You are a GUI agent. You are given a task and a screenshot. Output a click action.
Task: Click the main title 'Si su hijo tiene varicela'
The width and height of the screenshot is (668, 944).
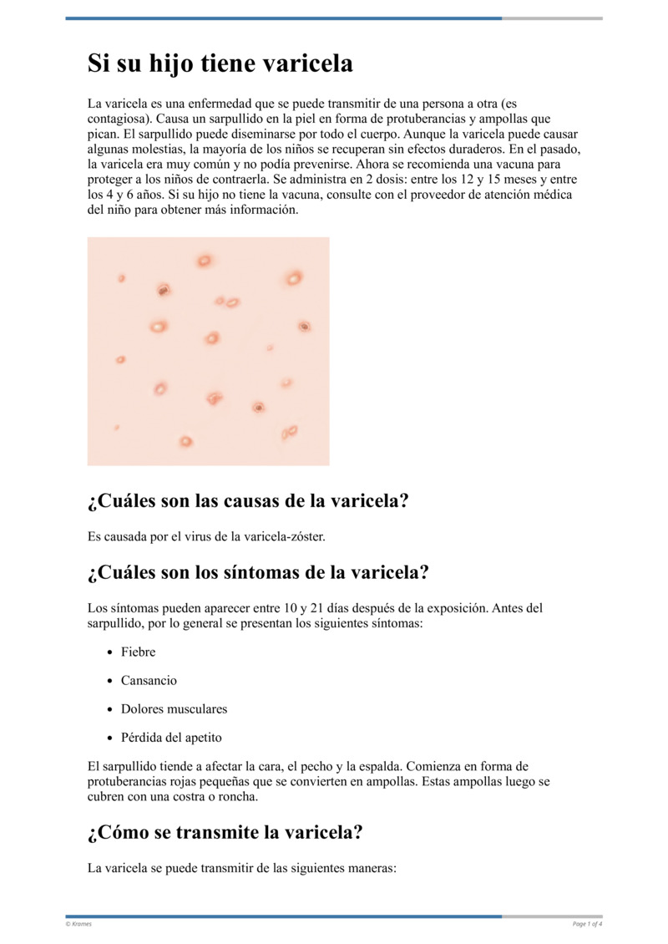click(x=220, y=64)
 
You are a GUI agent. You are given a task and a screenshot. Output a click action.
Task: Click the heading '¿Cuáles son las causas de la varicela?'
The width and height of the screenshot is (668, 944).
click(x=248, y=501)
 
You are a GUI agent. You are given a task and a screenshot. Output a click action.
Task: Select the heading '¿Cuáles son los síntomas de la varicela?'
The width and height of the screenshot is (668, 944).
click(x=258, y=573)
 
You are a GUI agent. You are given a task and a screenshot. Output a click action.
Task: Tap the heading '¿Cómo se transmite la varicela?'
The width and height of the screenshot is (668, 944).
click(x=225, y=833)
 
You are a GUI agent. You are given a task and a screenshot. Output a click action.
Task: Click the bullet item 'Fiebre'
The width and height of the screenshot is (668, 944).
click(x=138, y=652)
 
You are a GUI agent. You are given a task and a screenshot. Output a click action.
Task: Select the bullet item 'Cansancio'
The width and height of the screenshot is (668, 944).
click(x=149, y=681)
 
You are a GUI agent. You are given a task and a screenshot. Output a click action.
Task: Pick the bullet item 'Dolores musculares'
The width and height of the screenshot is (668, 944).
click(x=174, y=709)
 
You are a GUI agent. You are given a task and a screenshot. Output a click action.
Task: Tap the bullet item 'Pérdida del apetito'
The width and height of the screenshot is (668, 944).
click(x=171, y=738)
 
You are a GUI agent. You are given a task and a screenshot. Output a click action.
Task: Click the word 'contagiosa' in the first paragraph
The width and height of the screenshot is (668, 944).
click(x=118, y=119)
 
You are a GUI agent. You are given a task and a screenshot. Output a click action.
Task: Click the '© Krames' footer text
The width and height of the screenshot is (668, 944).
click(x=78, y=923)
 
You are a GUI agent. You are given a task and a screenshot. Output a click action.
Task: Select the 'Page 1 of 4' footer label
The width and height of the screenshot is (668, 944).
click(x=587, y=923)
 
